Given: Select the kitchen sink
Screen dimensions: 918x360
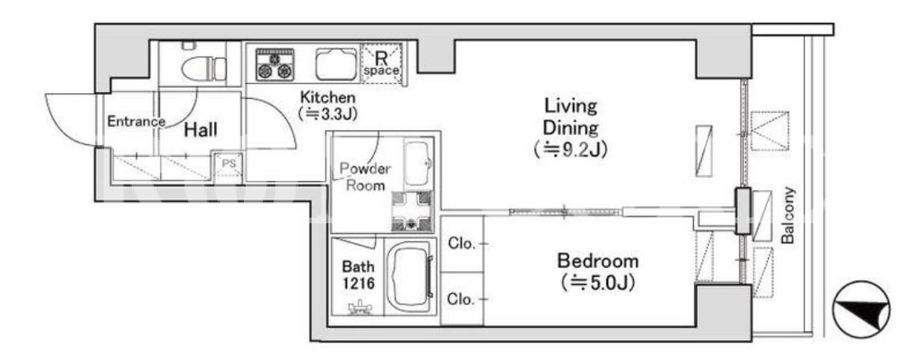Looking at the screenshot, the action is click(336, 63).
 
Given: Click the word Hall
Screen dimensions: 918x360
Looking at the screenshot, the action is click(201, 130).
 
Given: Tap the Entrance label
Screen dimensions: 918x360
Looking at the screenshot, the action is click(136, 122).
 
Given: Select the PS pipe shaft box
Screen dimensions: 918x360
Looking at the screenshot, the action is click(228, 165).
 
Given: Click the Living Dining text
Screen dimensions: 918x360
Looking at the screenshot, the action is click(571, 116).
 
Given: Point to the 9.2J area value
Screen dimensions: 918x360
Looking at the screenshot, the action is click(570, 150).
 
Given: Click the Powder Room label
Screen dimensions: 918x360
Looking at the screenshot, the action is click(365, 177).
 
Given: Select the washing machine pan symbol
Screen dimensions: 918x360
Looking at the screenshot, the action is click(412, 210).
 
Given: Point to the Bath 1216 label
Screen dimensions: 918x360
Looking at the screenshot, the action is click(358, 274).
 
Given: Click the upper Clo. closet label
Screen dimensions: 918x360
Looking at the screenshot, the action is click(461, 244).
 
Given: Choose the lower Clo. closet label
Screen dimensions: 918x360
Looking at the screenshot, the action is click(461, 299).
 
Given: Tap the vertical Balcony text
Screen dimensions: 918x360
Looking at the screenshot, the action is click(788, 215).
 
